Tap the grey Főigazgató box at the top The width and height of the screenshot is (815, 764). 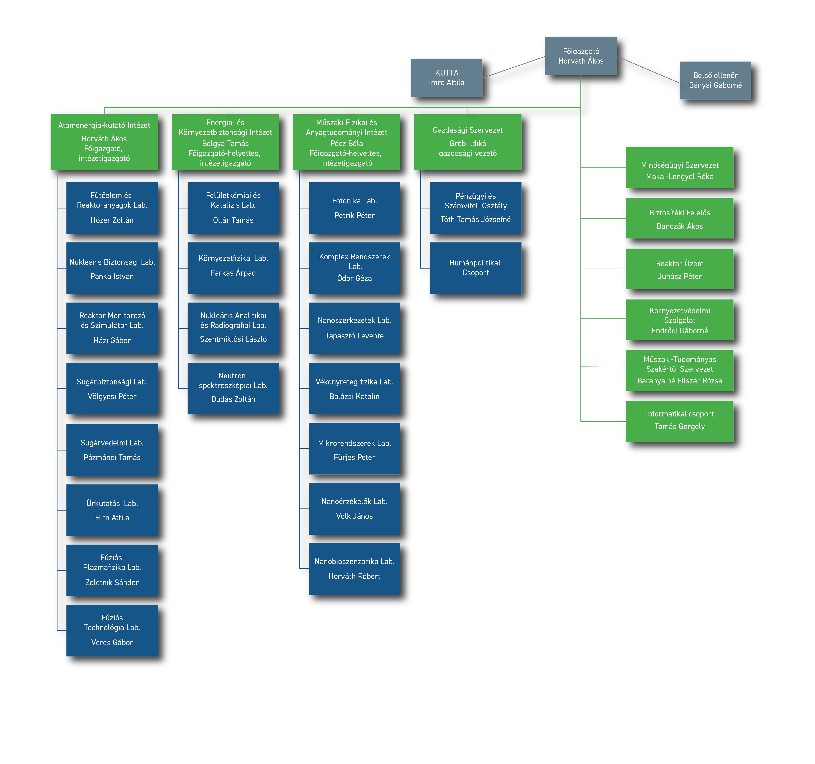click(581, 56)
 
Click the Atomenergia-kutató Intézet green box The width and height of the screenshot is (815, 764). click(104, 141)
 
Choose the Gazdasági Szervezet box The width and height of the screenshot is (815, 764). click(468, 141)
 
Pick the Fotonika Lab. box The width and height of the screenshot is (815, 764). click(354, 208)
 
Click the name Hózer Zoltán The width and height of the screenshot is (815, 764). click(112, 220)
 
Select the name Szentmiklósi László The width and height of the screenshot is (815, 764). click(233, 339)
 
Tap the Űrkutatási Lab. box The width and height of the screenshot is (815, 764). click(112, 510)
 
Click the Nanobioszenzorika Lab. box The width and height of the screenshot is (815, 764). click(354, 569)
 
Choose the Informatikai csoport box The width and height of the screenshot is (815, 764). click(680, 421)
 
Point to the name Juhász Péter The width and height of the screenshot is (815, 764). click(680, 276)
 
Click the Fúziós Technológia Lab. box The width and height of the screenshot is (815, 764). click(112, 630)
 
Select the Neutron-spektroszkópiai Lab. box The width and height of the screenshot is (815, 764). click(233, 388)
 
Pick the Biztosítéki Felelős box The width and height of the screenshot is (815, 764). click(680, 218)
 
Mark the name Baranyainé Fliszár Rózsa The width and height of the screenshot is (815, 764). click(680, 381)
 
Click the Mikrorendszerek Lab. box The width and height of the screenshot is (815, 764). click(354, 449)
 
